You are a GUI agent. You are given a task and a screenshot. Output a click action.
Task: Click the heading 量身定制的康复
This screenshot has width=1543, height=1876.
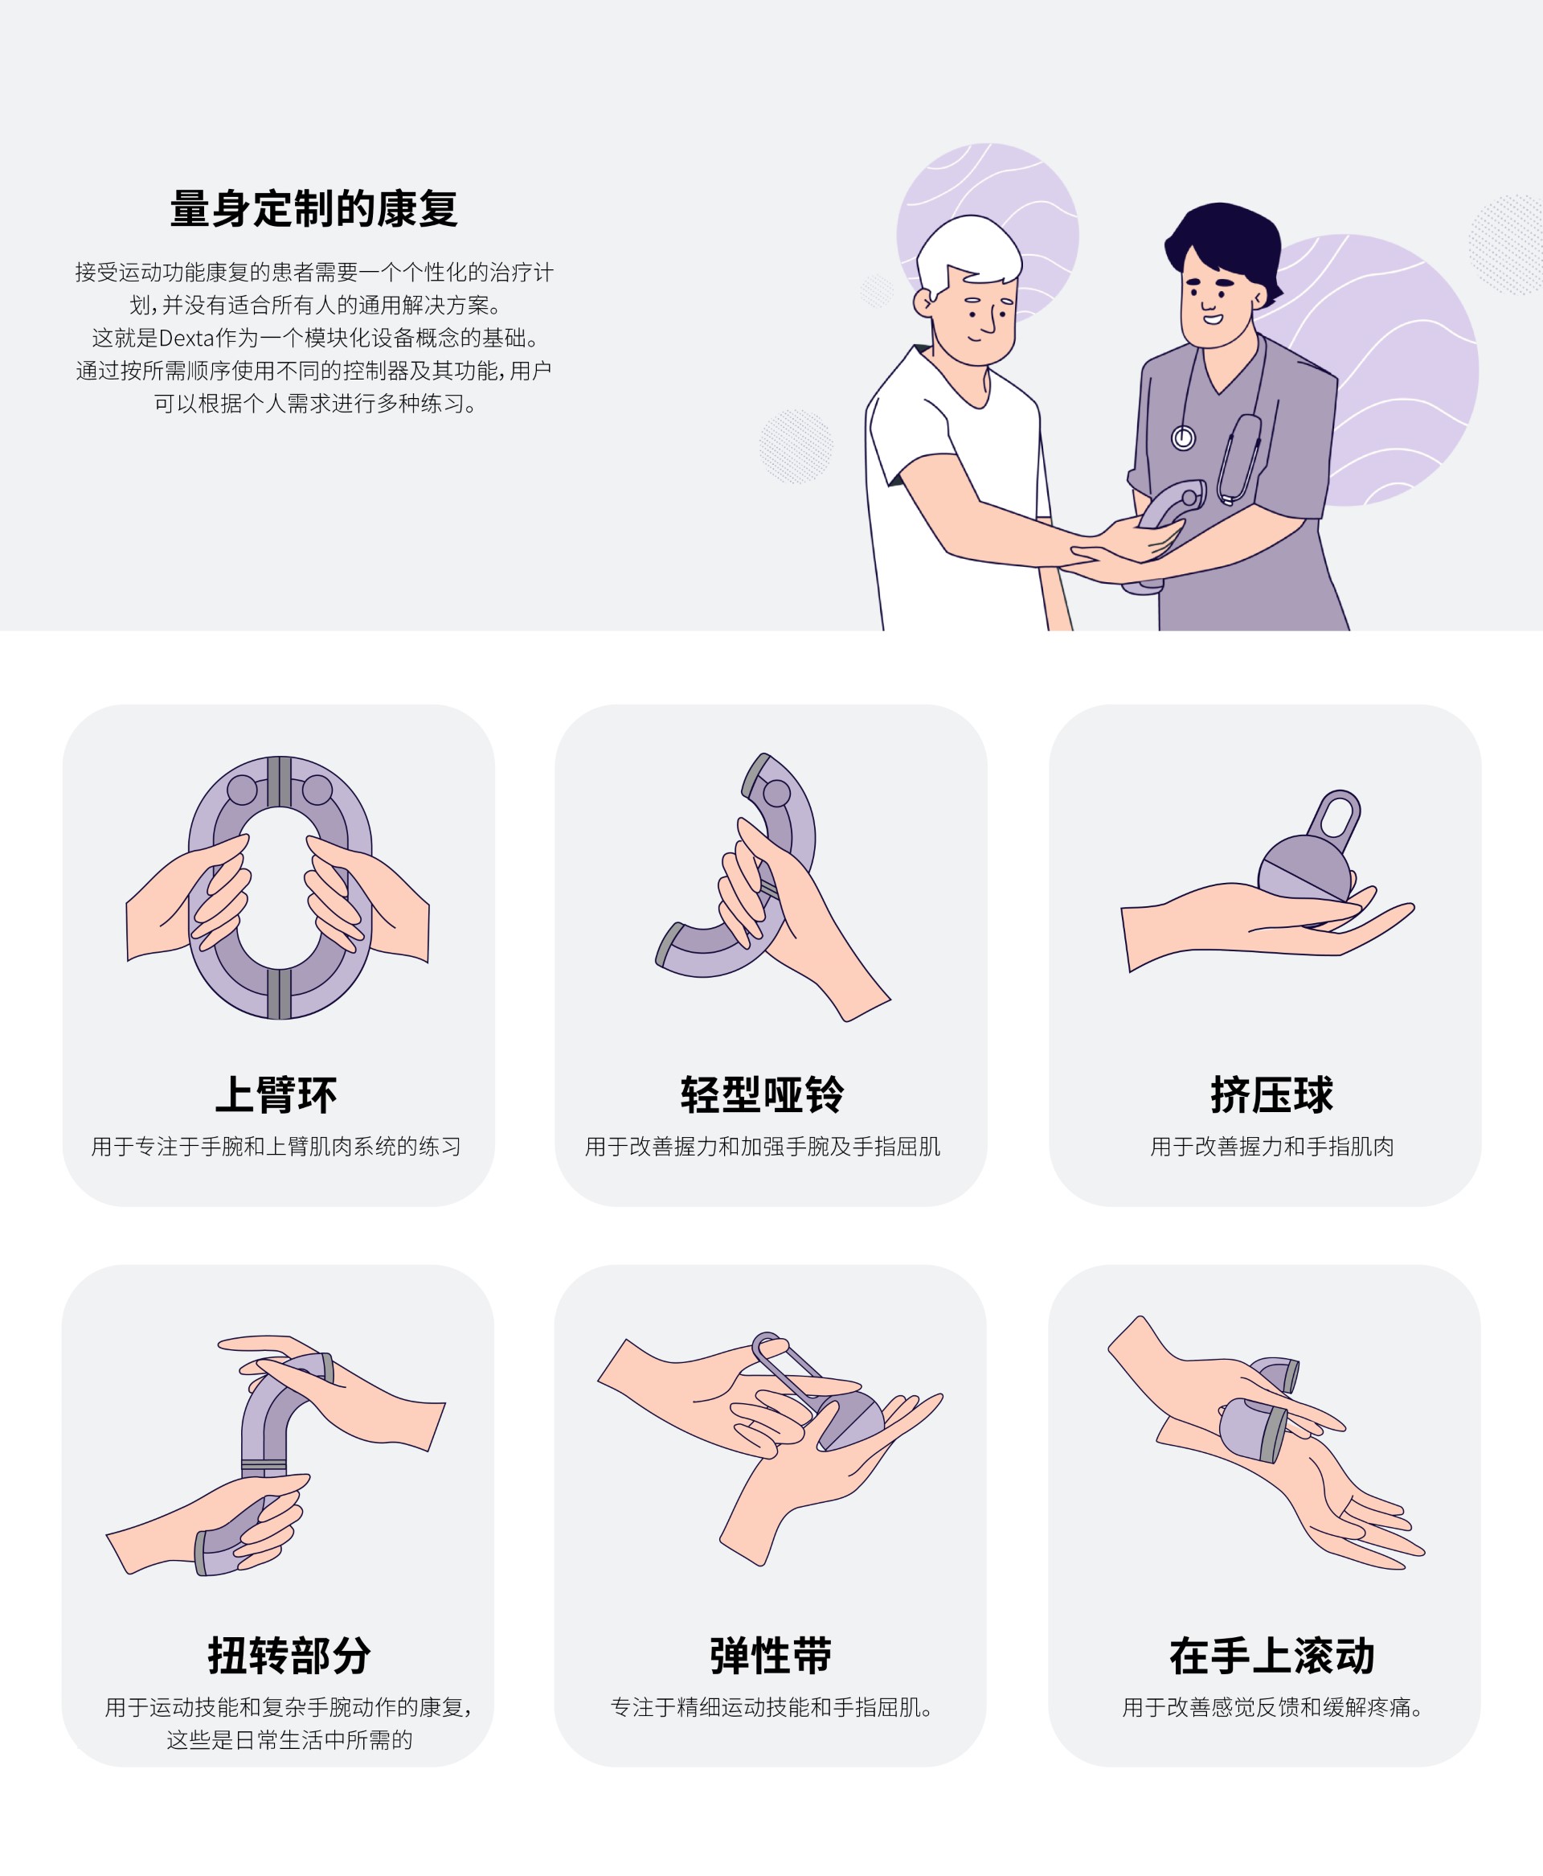pos(313,209)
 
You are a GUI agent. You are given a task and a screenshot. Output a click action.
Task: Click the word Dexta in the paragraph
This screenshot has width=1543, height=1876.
pos(186,338)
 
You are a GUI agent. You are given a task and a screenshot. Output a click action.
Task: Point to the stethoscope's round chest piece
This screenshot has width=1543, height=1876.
pos(1183,438)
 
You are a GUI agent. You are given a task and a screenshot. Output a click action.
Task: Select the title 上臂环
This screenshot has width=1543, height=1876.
pos(276,1094)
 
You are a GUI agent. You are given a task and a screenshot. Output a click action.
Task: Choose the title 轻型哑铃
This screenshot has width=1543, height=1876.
pos(763,1094)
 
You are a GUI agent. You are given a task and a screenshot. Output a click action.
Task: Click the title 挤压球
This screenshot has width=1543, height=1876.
pos(1272,1094)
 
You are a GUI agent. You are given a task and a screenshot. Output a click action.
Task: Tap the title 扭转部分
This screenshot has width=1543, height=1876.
pos(289,1656)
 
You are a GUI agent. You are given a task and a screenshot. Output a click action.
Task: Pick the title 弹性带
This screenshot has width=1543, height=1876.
pos(771,1656)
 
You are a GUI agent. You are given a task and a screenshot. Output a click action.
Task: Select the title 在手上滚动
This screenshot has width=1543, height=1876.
pos(1272,1656)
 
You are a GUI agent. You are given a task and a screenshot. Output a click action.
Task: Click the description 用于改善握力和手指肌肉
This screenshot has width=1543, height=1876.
pos(1272,1147)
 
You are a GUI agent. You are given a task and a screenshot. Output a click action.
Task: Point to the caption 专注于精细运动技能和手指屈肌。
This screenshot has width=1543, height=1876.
pos(771,1708)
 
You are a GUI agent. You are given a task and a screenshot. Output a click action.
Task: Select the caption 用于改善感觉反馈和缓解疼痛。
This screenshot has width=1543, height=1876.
pos(1272,1708)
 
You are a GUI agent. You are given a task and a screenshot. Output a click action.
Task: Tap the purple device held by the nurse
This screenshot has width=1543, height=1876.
pos(1169,512)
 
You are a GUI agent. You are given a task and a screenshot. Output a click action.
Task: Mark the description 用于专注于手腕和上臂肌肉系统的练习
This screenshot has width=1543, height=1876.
pos(276,1147)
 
